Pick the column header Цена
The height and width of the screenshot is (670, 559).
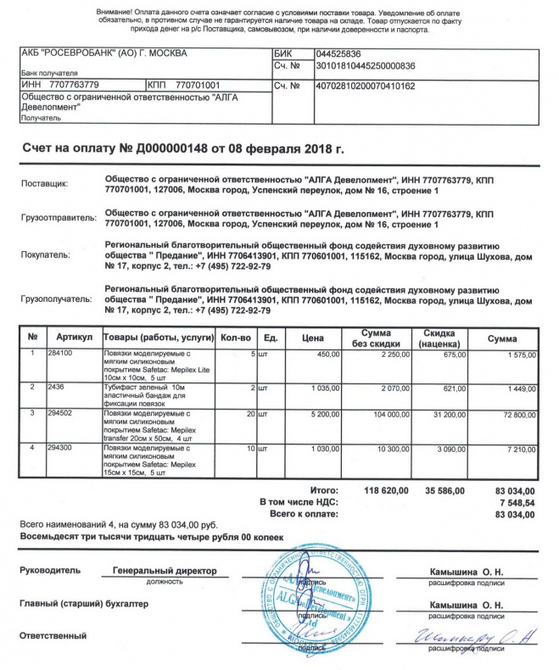[x=312, y=338]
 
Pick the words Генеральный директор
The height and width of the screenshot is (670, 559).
[x=165, y=572]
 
